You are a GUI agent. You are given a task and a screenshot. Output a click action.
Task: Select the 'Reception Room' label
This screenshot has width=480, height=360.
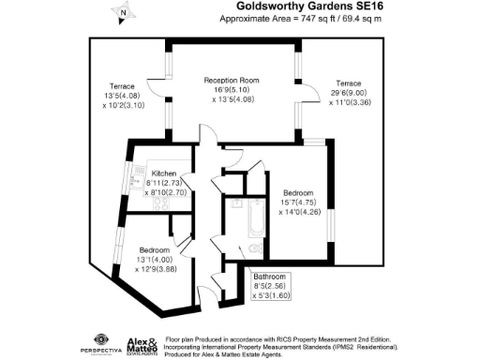[232, 80]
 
